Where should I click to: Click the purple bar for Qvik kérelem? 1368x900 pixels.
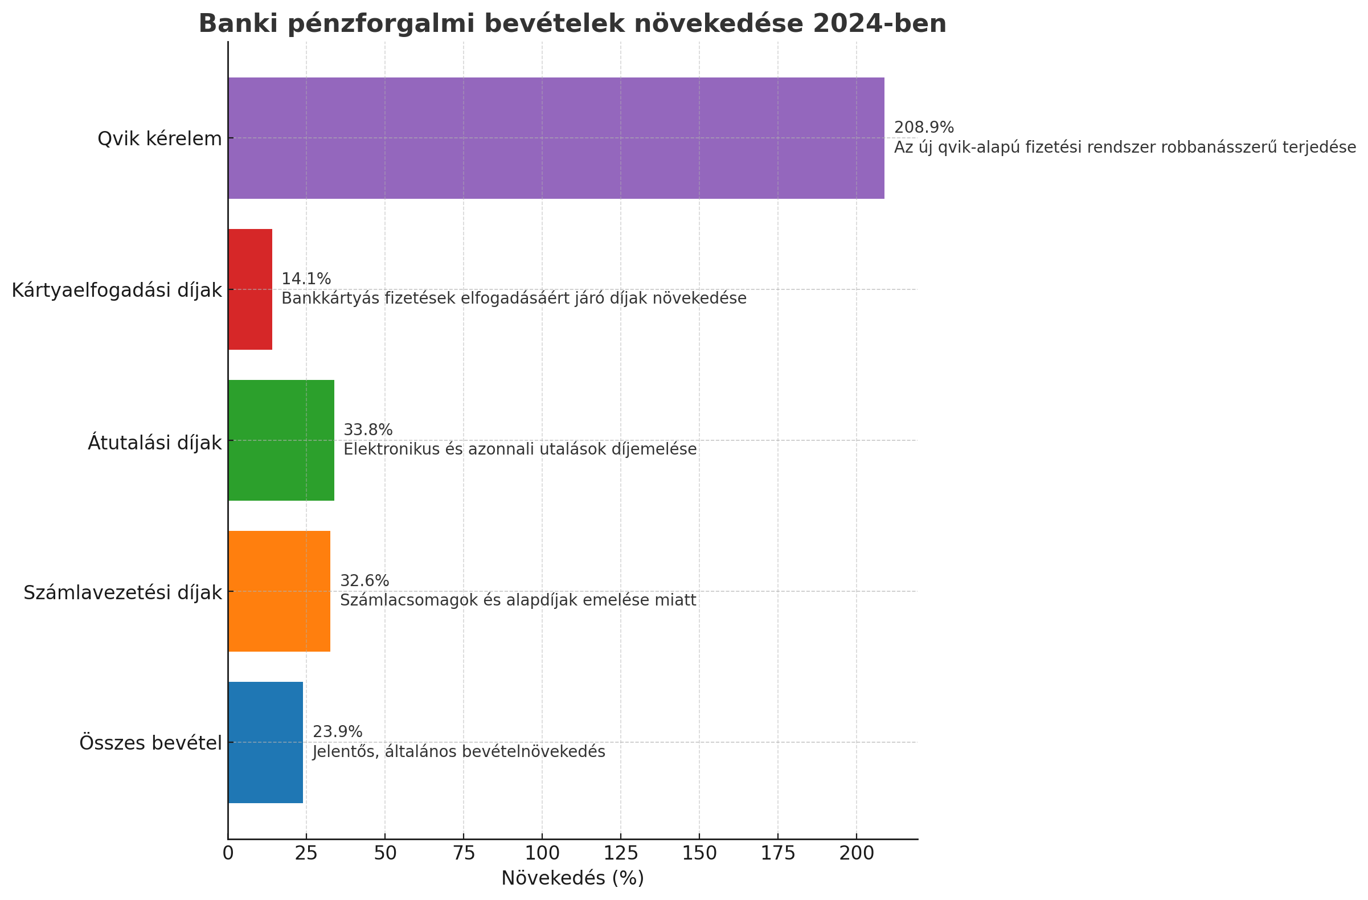pyautogui.click(x=556, y=138)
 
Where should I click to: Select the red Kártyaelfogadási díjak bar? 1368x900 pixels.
pyautogui.click(x=250, y=289)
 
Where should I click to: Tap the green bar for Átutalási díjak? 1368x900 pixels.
pyautogui.click(x=281, y=440)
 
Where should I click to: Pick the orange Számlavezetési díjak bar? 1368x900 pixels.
pyautogui.click(x=279, y=591)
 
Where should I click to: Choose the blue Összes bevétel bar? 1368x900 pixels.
pyautogui.click(x=265, y=742)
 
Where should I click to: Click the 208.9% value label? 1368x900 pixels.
pyautogui.click(x=924, y=128)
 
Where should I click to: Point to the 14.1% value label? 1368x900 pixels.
pyautogui.click(x=306, y=279)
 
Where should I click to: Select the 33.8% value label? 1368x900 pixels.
pyautogui.click(x=368, y=430)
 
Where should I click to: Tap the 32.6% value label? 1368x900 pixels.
pyautogui.click(x=364, y=581)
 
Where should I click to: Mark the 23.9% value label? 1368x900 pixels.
pyautogui.click(x=337, y=732)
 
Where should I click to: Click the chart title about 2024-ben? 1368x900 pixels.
pyautogui.click(x=572, y=24)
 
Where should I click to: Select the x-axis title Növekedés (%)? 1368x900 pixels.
pyautogui.click(x=572, y=878)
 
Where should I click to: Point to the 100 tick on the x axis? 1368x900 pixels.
pyautogui.click(x=542, y=853)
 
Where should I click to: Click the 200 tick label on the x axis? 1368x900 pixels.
pyautogui.click(x=857, y=853)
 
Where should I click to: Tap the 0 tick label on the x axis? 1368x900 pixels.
pyautogui.click(x=228, y=853)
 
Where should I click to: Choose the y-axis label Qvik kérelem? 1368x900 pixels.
pyautogui.click(x=159, y=139)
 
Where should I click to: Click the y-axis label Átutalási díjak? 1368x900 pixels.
pyautogui.click(x=154, y=443)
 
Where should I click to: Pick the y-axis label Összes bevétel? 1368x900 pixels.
pyautogui.click(x=150, y=743)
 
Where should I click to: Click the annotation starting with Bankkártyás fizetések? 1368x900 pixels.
pyautogui.click(x=514, y=299)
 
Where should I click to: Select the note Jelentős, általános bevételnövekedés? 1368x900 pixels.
pyautogui.click(x=458, y=752)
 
